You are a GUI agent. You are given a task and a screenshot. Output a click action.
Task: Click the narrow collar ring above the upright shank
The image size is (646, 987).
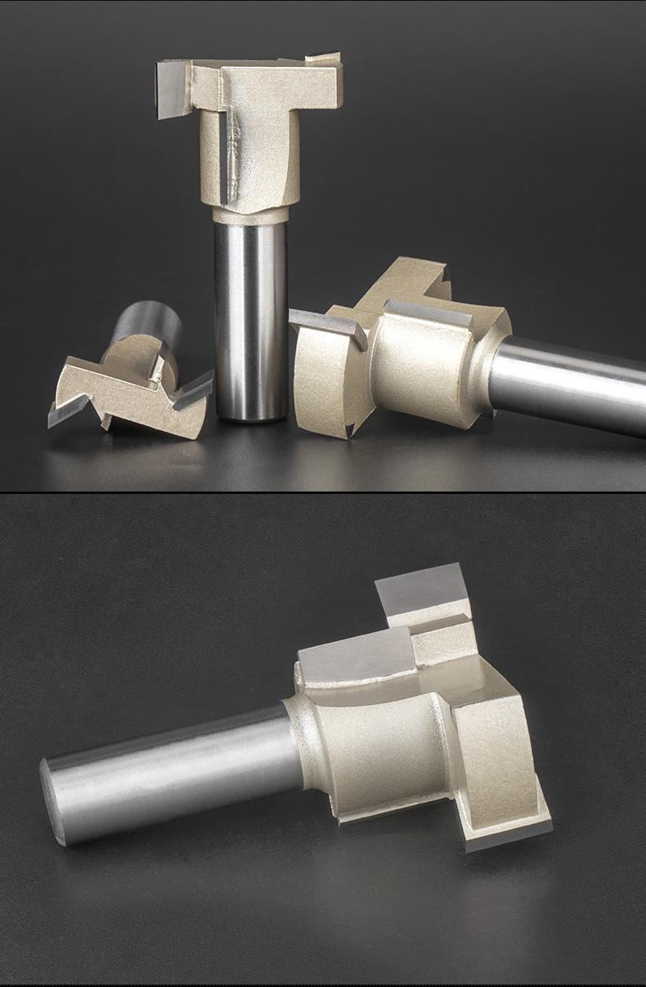250,215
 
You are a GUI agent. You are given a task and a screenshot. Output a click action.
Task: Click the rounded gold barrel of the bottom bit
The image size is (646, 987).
376,736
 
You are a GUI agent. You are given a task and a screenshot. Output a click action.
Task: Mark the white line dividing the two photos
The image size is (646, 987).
323,492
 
